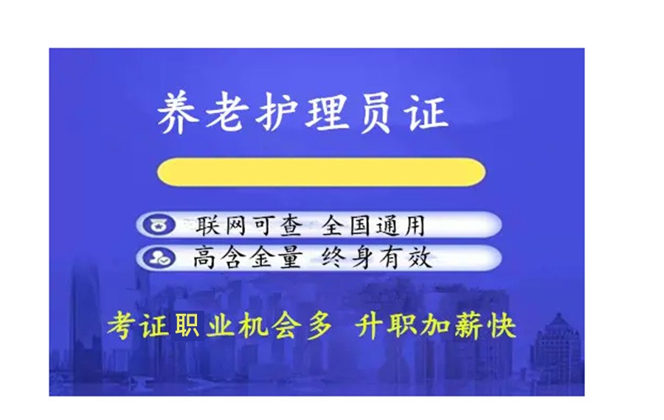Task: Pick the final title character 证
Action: (426, 113)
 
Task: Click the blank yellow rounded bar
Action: (321, 172)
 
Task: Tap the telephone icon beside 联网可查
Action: (157, 224)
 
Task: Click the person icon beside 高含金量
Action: (157, 258)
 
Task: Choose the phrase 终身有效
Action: (376, 258)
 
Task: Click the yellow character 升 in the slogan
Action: (371, 326)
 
